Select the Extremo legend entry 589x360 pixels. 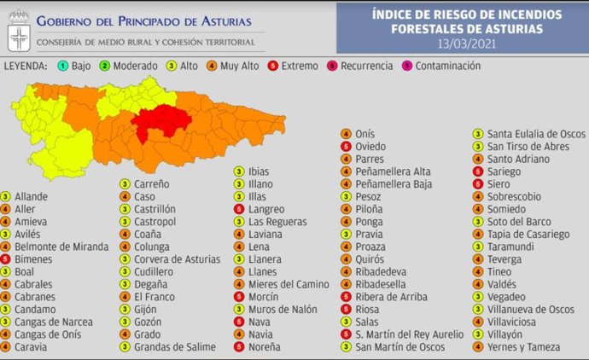click(x=294, y=66)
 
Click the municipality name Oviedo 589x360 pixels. click(x=370, y=147)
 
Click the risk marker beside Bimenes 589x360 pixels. click(x=7, y=259)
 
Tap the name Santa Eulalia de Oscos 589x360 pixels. click(x=535, y=134)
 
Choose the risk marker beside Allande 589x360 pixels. click(x=7, y=196)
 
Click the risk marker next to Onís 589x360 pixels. click(x=345, y=134)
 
